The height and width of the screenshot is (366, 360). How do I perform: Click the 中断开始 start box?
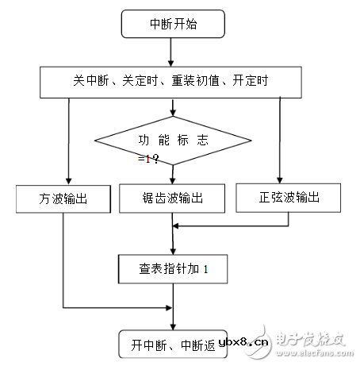pos(169,24)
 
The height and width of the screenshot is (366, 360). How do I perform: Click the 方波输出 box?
pos(62,197)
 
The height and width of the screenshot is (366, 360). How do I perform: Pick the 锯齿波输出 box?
pos(172,197)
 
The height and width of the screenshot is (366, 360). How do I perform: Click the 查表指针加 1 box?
pos(172,269)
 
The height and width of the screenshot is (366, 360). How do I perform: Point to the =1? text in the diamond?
pos(147,159)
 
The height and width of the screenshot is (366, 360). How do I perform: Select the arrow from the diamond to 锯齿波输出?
pos(172,174)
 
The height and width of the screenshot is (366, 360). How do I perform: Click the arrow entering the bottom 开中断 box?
pos(172,318)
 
